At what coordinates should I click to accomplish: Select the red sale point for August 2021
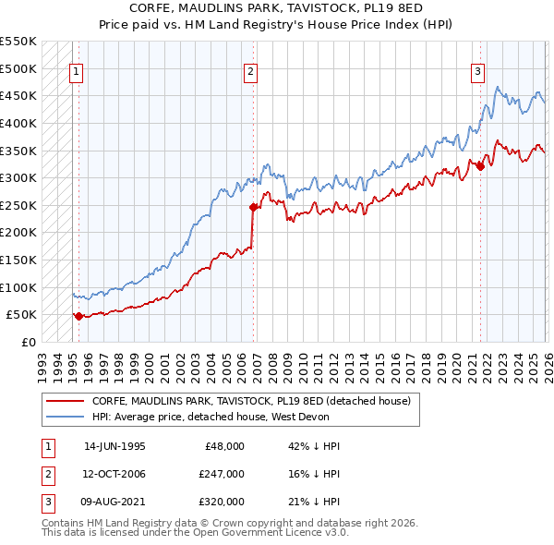[480, 167]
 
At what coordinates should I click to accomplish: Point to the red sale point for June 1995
[78, 316]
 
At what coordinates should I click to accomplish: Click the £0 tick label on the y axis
[27, 342]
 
